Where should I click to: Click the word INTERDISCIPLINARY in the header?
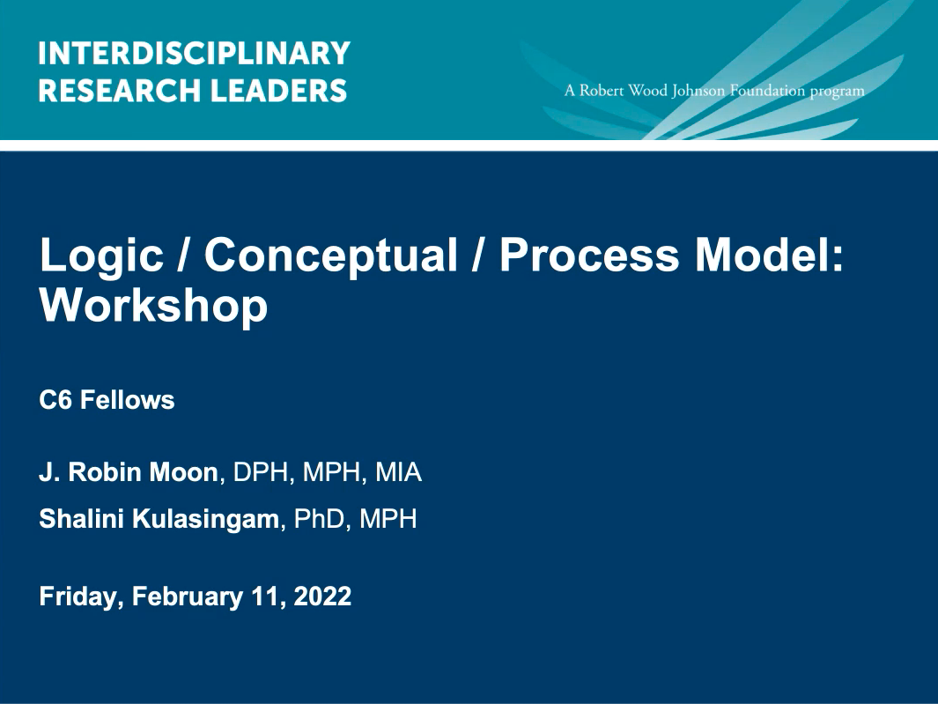point(194,54)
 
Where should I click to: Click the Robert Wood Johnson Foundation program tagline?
point(715,91)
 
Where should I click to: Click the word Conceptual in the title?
point(331,256)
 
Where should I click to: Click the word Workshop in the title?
point(153,306)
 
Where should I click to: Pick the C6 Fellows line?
point(107,400)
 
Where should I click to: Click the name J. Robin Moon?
point(128,473)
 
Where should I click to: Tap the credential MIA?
point(398,473)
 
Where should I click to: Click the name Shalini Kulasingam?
point(159,519)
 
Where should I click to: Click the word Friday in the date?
point(80,597)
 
